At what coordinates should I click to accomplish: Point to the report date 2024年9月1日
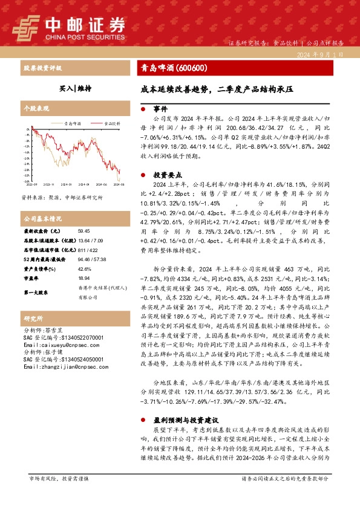pyautogui.click(x=321, y=54)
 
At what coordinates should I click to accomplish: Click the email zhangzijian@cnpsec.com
pyautogui.click(x=57, y=366)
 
